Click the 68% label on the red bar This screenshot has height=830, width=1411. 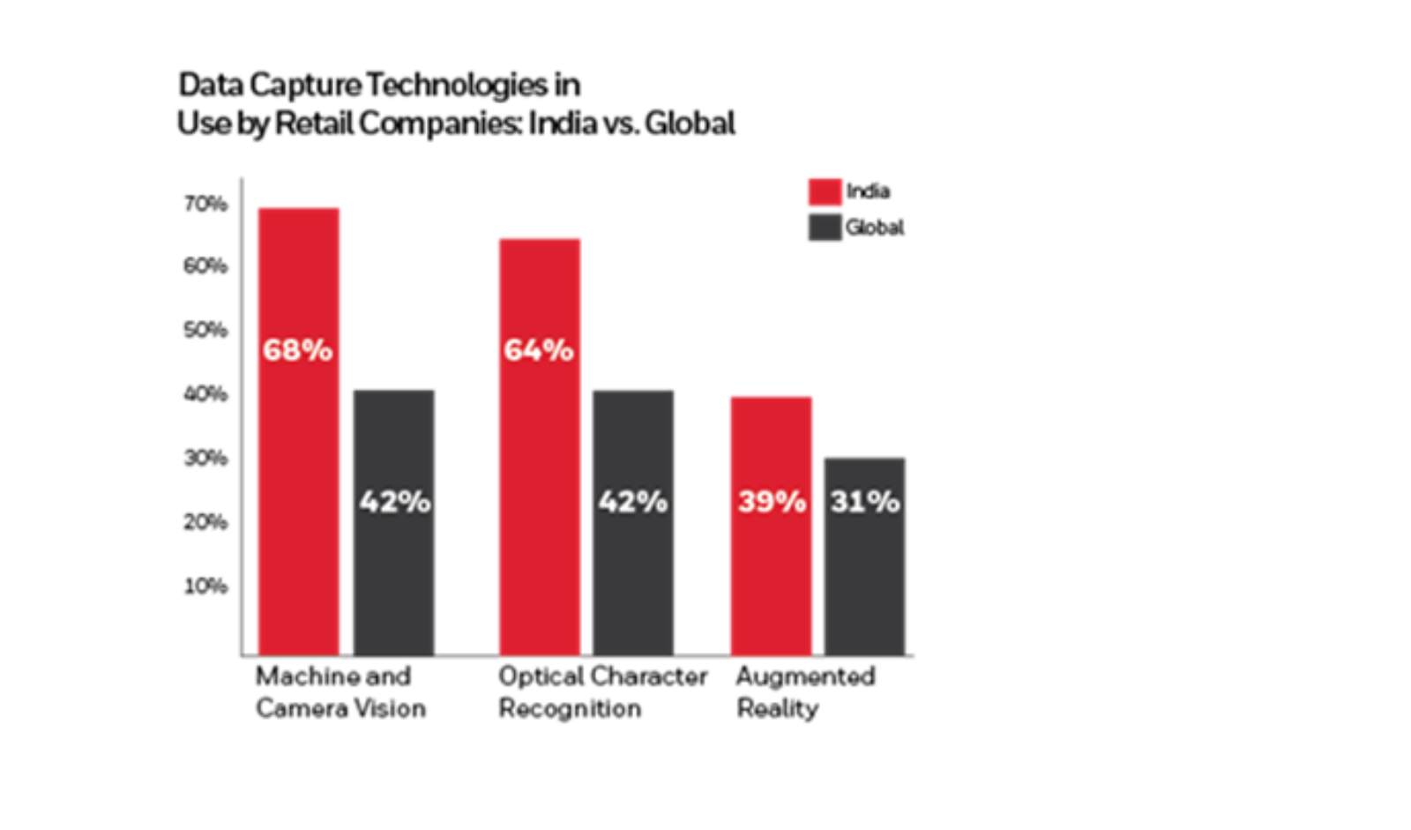click(297, 350)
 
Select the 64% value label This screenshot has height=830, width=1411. click(538, 350)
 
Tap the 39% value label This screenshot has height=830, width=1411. click(771, 502)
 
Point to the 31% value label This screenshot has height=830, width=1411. click(864, 502)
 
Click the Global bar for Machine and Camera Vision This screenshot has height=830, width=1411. click(393, 565)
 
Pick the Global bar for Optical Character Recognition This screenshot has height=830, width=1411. click(632, 565)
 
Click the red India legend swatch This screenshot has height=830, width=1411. click(825, 191)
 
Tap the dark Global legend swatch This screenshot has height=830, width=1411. click(825, 228)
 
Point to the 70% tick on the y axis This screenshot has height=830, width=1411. click(205, 204)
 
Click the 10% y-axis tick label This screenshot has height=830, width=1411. click(205, 586)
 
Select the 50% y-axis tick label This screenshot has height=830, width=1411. click(205, 330)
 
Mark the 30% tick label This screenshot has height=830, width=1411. click(205, 458)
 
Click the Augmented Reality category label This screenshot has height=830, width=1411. click(804, 692)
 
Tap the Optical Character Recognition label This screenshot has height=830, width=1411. click(601, 692)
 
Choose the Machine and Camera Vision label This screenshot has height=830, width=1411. click(340, 692)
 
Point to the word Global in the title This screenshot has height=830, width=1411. click(689, 123)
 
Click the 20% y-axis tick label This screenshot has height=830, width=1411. click(205, 522)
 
